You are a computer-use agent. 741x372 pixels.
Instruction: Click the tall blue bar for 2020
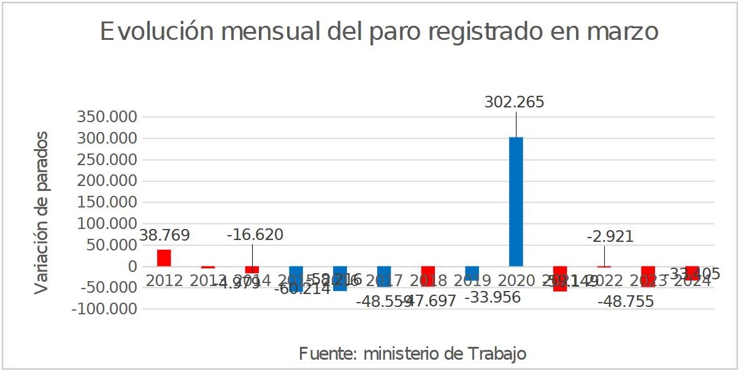[x=516, y=201]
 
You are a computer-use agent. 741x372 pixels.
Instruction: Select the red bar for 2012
[x=164, y=258]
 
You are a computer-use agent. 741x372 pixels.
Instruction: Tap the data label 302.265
[x=514, y=103]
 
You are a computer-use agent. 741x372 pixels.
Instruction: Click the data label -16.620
[x=255, y=234]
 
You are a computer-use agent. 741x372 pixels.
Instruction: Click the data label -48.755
[x=626, y=301]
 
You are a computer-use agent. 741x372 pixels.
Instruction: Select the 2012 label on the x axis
[x=164, y=281]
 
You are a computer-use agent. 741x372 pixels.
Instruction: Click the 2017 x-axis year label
[x=384, y=281]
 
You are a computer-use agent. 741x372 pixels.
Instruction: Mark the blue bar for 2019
[x=472, y=273]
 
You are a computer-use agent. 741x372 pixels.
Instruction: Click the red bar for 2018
[x=428, y=276]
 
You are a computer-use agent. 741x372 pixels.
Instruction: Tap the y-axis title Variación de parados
[x=41, y=212]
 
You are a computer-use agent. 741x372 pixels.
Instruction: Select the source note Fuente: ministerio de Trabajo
[x=412, y=354]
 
